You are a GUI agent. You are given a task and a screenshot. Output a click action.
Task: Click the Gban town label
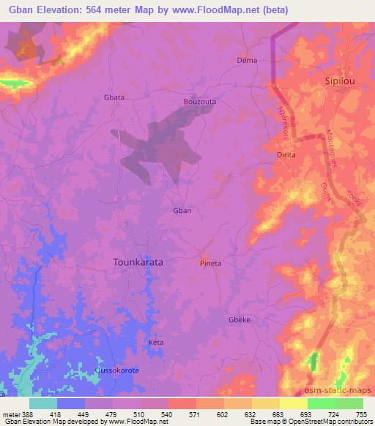182,211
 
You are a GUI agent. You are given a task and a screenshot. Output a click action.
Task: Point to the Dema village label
247,60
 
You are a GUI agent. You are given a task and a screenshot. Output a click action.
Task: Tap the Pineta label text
211,264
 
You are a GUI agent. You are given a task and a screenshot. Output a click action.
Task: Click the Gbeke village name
240,320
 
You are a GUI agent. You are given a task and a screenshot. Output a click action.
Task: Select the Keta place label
155,343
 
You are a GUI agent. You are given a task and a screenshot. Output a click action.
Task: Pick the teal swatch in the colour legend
42,403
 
